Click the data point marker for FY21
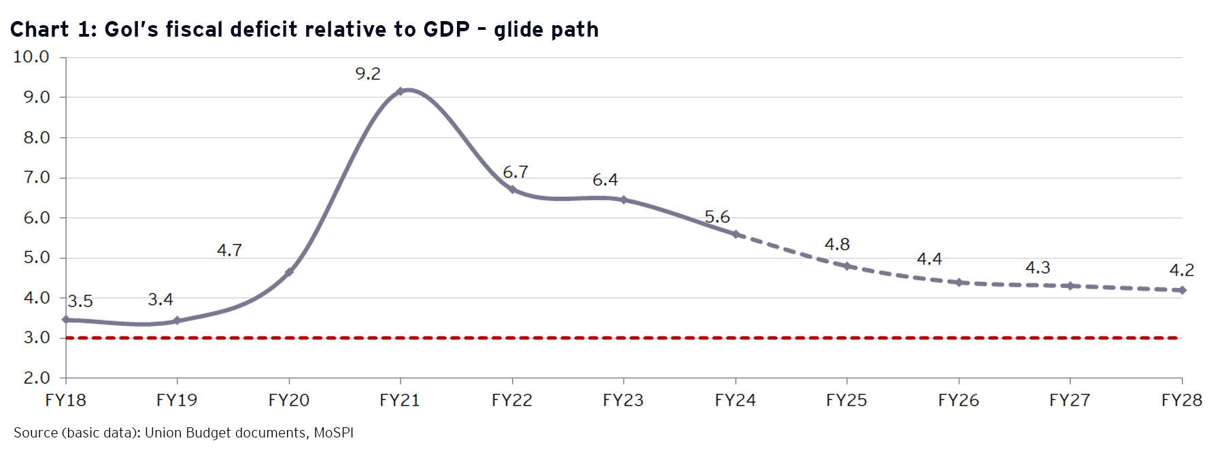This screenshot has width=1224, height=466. (x=401, y=91)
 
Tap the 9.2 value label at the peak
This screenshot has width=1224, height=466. (x=368, y=74)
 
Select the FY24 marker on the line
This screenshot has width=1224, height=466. (x=735, y=234)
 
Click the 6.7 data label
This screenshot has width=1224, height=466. (x=515, y=173)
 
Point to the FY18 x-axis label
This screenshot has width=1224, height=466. (x=65, y=400)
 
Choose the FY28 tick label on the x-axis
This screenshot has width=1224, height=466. (x=1182, y=400)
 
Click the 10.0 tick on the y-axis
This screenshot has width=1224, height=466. (x=31, y=57)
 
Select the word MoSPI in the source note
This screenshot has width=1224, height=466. (x=333, y=433)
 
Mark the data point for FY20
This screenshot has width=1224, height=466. (x=289, y=272)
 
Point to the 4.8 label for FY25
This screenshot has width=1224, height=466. (x=837, y=245)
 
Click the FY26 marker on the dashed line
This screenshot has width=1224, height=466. (x=959, y=282)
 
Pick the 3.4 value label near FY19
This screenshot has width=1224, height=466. (x=160, y=300)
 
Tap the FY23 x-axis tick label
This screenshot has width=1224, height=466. (x=623, y=400)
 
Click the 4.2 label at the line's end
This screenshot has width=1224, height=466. (x=1181, y=270)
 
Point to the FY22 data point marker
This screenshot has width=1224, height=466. (x=512, y=190)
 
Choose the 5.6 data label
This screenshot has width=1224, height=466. (x=717, y=217)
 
